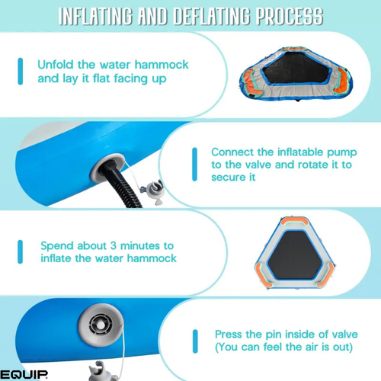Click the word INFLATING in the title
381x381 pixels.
coord(95,16)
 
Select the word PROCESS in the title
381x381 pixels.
coord(290,16)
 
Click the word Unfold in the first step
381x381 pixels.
coord(56,65)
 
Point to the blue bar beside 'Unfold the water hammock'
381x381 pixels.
coord(21,71)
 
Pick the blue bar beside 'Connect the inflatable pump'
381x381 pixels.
coord(195,165)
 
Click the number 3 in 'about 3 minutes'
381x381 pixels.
coord(114,245)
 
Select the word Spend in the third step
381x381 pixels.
coord(57,246)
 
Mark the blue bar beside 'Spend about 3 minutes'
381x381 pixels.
coord(21,251)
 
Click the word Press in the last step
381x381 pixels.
coord(229,335)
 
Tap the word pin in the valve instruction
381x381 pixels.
coord(274,335)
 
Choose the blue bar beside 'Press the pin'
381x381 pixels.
coord(195,341)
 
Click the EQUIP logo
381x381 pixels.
coord(24,374)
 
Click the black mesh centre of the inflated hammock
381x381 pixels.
coord(295,255)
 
